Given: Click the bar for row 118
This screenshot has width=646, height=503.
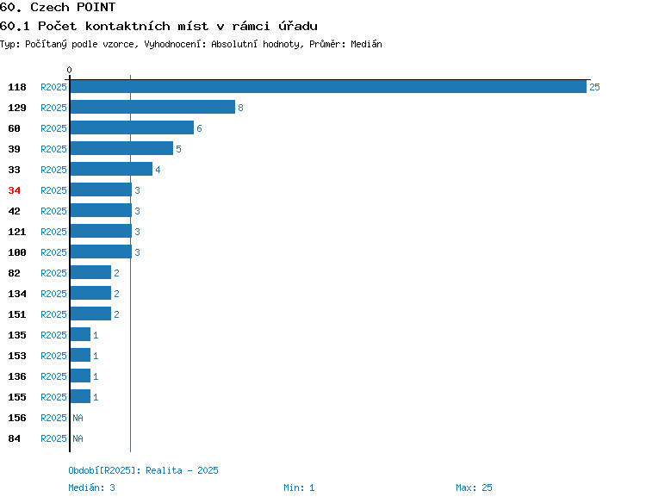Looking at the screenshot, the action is (x=328, y=86).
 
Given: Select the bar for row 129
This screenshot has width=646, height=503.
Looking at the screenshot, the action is (x=152, y=107).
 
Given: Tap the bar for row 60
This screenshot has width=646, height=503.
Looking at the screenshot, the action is (x=132, y=127).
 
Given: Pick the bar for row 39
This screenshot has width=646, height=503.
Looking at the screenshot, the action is (x=121, y=148).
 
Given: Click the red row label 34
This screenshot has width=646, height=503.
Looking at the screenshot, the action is (x=14, y=190).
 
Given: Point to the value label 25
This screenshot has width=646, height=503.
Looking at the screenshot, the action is (x=594, y=87).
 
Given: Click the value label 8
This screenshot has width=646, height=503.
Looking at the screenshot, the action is (x=240, y=108).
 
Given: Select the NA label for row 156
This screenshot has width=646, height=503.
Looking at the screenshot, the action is (x=78, y=418).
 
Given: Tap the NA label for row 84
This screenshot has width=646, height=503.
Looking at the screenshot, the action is (x=78, y=438).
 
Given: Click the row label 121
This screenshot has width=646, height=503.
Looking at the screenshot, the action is (x=17, y=232).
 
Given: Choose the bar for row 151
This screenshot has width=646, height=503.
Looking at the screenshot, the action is (x=90, y=314).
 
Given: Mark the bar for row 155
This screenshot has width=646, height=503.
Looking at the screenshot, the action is (x=80, y=396).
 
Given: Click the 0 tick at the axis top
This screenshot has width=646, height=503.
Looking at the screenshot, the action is (x=69, y=70).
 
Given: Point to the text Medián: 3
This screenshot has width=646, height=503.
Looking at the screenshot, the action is (x=91, y=487).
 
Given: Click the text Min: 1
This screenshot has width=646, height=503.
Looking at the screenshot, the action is (x=299, y=487).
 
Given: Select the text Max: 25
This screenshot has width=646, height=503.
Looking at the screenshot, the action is (x=474, y=487).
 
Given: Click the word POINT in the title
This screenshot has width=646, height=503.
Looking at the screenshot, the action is (x=96, y=7).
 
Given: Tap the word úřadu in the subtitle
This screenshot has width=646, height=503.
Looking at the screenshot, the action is (x=298, y=26).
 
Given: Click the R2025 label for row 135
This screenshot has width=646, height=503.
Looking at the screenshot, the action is (x=53, y=335).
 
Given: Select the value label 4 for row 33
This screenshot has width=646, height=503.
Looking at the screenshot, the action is (x=158, y=170).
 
